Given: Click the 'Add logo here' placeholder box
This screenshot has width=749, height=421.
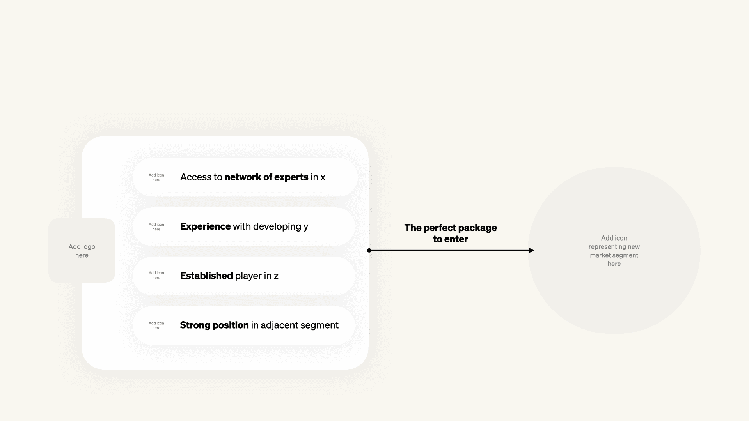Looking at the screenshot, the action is pos(82,251).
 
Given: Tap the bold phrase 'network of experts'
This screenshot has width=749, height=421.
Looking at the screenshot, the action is pos(266,177).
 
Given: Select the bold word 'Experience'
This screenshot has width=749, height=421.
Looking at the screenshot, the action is pos(205,226).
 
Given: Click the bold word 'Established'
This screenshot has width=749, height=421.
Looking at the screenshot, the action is pos(206,276).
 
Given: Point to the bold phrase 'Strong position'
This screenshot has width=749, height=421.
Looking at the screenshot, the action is pos(214,325).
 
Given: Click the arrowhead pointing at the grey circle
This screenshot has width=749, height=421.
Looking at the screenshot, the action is pos(531,250).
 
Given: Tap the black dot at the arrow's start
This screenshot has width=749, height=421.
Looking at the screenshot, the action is pos(369,250).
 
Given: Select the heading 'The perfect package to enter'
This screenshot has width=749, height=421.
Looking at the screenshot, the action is pos(451,233).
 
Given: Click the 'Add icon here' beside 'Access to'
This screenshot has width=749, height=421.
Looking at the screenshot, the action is pos(156,177).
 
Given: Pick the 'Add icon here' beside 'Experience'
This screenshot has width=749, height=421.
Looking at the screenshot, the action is pos(156,227).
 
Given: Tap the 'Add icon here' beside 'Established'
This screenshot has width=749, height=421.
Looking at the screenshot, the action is pos(156,275).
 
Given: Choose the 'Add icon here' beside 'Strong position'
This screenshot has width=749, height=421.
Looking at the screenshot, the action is pos(156,325).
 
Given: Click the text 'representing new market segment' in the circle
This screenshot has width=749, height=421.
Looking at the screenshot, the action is pos(614,251).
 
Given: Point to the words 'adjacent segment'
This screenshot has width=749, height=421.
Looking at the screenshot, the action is pos(300,325).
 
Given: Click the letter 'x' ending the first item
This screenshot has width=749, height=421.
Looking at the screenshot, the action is pos(323,177).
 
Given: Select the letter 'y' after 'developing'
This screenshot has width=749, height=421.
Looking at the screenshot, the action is pos(306,227).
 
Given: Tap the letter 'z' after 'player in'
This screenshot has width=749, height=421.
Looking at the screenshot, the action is pos(276,276).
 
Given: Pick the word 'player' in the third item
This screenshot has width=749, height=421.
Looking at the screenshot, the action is pos(248,276).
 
